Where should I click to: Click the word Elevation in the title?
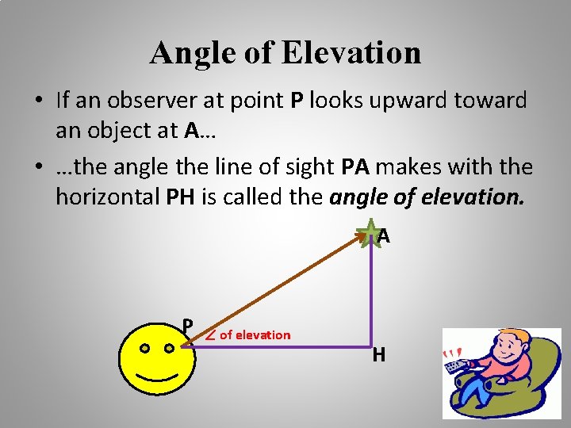pos(352,53)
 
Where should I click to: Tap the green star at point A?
pos(368,235)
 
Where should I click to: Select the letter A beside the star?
pos(384,236)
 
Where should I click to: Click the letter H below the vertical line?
pos(379,355)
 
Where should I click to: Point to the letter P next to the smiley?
pos(188,326)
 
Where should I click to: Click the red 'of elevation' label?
pos(255,334)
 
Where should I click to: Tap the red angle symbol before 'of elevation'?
pos(210,334)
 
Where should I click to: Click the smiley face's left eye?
pos(144,347)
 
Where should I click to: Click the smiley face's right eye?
pos(170,347)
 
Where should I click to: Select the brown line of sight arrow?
pos(278,289)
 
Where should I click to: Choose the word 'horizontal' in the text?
pos(107,196)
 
